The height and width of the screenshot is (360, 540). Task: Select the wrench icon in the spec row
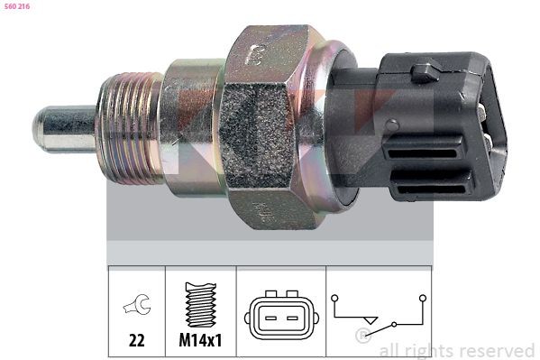[x=136, y=308]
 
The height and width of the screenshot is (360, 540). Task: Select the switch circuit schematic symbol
[x=378, y=316]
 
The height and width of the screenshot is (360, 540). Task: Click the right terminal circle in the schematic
[x=421, y=295]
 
